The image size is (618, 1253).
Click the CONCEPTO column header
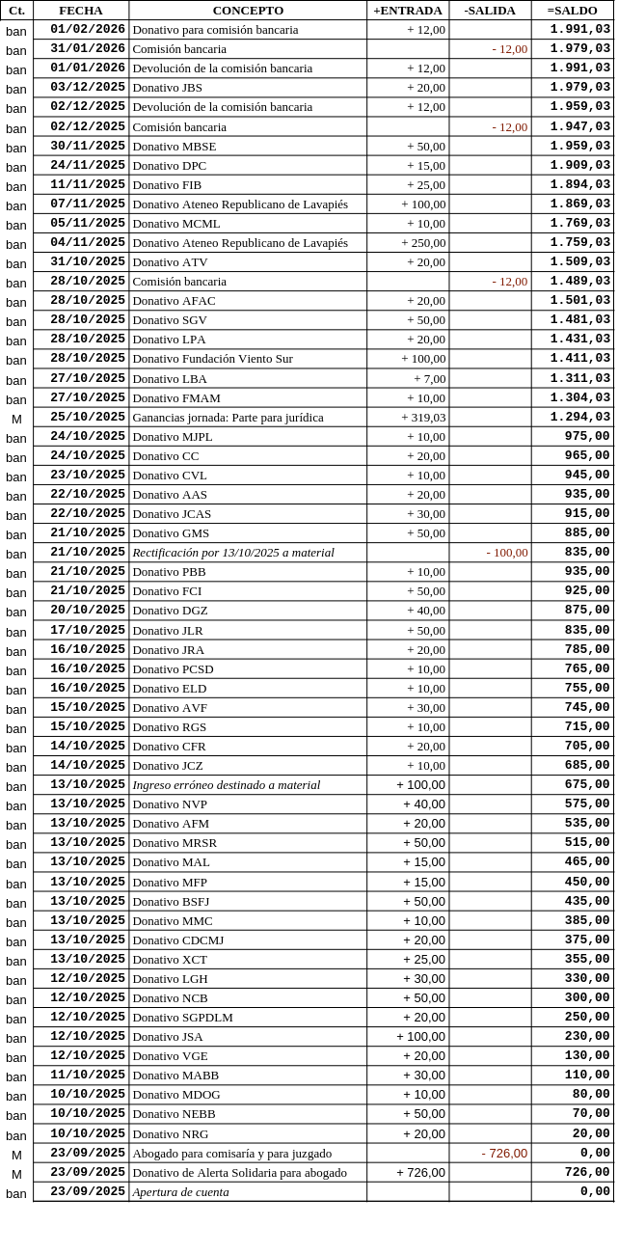point(248,11)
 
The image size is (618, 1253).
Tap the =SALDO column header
point(572,11)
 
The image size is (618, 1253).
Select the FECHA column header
point(81,11)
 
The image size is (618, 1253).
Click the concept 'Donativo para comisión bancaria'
point(215,30)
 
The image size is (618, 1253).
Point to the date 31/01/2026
point(88,49)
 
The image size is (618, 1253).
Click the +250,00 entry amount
point(423,243)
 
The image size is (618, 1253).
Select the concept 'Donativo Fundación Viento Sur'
point(212,359)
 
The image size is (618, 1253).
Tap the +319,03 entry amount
point(423,418)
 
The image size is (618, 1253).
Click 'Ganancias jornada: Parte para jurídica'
point(228,418)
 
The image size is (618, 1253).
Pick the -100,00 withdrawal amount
point(506,553)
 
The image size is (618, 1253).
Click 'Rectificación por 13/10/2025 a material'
point(233,553)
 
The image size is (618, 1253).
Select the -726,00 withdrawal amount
point(504,1153)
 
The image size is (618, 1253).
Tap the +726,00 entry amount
point(420,1172)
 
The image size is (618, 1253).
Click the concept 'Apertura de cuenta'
point(180,1191)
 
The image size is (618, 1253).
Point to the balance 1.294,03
point(579,418)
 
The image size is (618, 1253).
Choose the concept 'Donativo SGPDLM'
point(182,1017)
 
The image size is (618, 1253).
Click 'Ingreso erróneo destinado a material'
point(226,784)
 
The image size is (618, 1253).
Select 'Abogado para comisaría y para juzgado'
point(231,1153)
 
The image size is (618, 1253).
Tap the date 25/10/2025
point(88,418)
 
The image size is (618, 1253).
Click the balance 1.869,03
point(579,204)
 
